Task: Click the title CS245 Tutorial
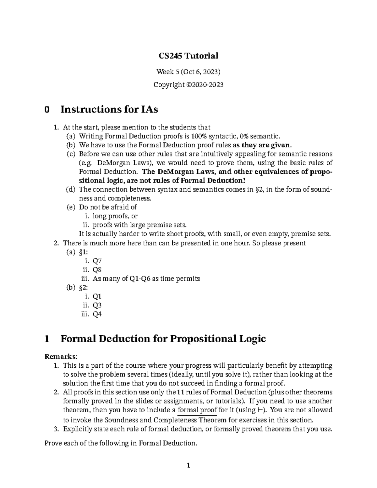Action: click(x=188, y=56)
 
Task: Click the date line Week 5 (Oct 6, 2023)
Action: click(x=188, y=72)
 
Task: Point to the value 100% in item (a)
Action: click(x=197, y=136)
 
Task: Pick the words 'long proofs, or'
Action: click(x=115, y=216)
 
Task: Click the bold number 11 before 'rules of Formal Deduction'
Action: click(x=180, y=392)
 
